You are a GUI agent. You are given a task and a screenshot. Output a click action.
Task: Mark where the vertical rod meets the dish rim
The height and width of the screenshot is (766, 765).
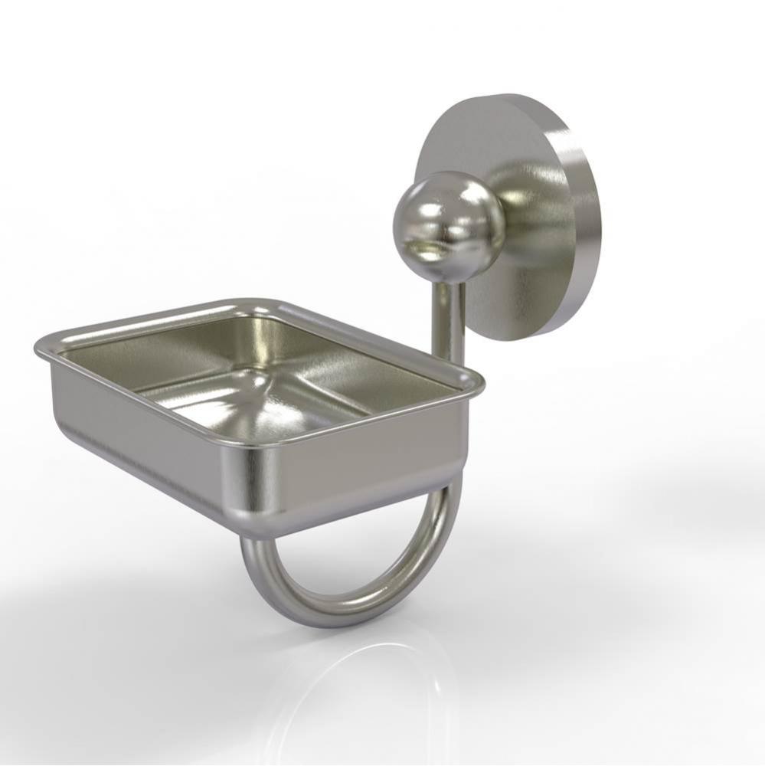pyautogui.click(x=450, y=360)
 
